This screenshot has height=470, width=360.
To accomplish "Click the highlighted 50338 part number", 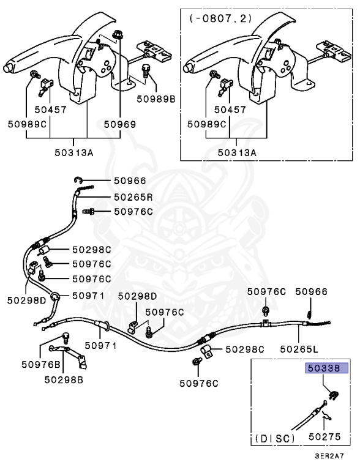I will coord(326,368).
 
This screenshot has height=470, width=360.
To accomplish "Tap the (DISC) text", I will coord(275,439).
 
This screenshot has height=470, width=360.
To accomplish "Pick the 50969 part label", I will coord(120,124).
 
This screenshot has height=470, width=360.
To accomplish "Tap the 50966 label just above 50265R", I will coord(130,181).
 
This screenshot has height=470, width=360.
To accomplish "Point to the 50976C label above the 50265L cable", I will coord(266,292).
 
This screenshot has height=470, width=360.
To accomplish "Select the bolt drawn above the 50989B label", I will coord(146,70).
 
